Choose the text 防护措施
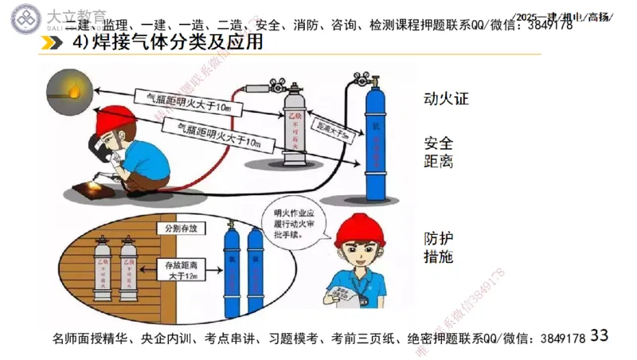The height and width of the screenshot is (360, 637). [x=439, y=247]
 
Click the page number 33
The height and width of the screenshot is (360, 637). [x=599, y=335]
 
